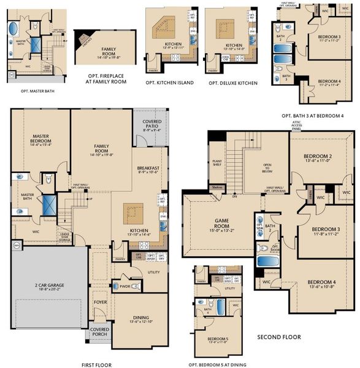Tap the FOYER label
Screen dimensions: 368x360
coord(100,303)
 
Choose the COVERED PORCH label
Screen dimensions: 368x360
coord(99,332)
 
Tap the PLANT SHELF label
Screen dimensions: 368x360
coord(216,162)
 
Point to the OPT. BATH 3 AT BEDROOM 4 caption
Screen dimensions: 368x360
coord(313,115)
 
